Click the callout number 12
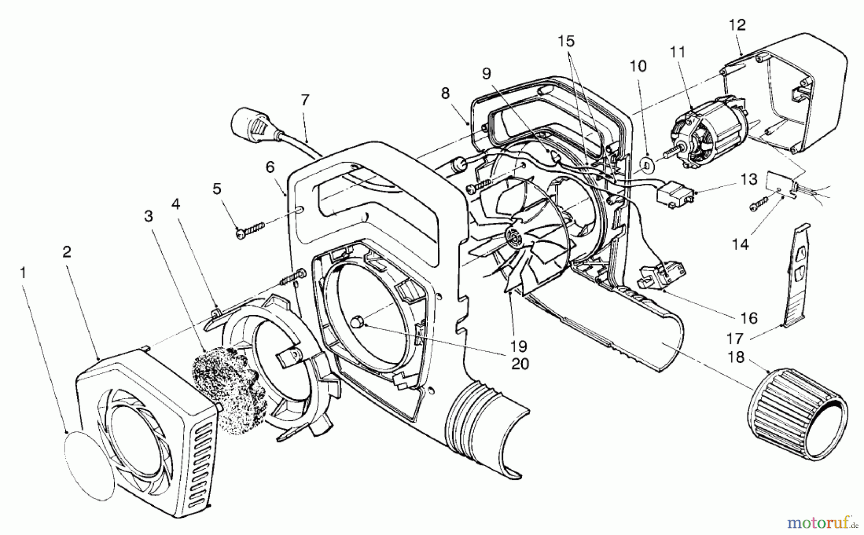pyautogui.click(x=737, y=25)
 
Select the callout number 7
pyautogui.click(x=305, y=100)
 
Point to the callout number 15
pyautogui.click(x=566, y=41)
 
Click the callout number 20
pyautogui.click(x=520, y=364)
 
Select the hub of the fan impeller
pyautogui.click(x=515, y=236)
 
